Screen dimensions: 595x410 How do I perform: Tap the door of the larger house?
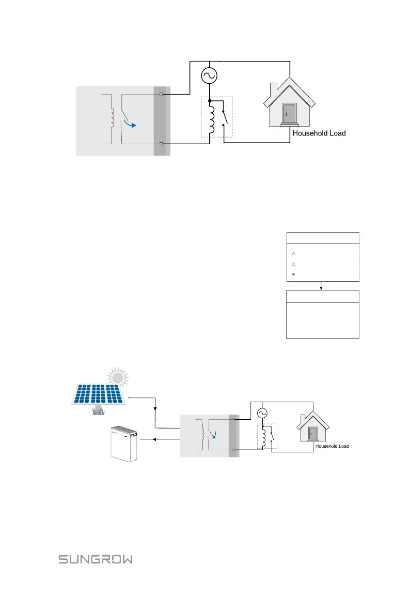click(x=289, y=113)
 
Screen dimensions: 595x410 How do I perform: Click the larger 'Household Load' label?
click(x=319, y=133)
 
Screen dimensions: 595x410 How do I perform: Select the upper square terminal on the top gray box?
click(x=162, y=95)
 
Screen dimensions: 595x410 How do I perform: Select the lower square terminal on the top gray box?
click(x=162, y=144)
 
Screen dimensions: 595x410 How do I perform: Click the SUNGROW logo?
click(x=95, y=559)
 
